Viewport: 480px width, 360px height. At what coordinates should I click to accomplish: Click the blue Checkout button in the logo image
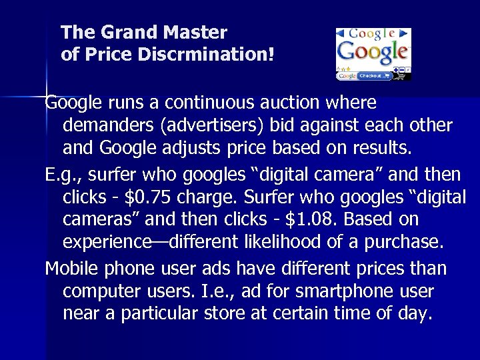click(371, 76)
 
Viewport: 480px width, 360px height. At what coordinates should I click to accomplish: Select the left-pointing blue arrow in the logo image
click(341, 33)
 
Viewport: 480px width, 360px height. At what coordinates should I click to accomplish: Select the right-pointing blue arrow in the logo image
click(405, 33)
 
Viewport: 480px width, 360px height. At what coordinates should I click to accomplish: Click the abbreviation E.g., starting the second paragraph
click(61, 175)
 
